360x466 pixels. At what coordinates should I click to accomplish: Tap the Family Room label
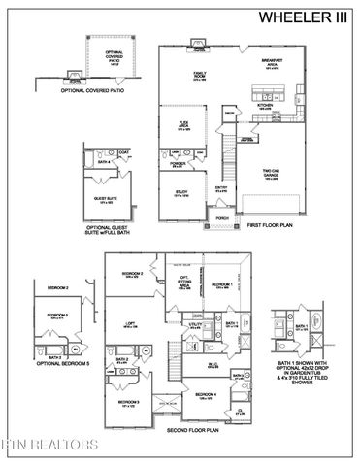[x=200, y=77]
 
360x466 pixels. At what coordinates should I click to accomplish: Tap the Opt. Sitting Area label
[x=181, y=283]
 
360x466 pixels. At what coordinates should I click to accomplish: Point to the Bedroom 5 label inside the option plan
[x=58, y=315]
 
